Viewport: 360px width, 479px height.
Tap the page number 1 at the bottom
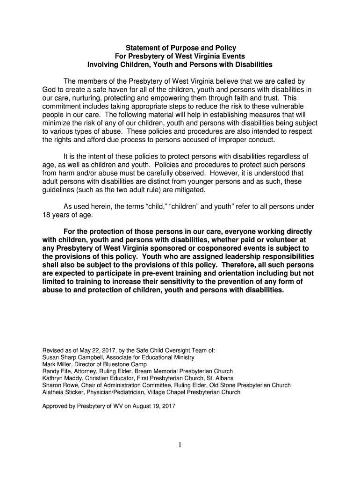point(180,445)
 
